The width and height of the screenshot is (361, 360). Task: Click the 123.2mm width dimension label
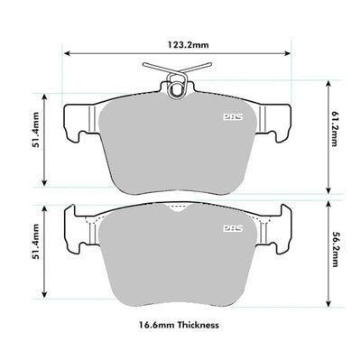(188, 45)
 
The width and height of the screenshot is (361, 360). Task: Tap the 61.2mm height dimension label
(335, 128)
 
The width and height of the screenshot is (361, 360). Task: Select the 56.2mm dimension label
(335, 249)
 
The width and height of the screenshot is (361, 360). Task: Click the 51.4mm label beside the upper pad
(36, 130)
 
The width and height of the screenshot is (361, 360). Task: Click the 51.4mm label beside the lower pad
(36, 242)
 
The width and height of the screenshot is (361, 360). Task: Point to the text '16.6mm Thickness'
(179, 325)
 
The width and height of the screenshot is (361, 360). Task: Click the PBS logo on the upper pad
(233, 117)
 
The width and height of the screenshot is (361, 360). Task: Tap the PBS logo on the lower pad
(233, 228)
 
